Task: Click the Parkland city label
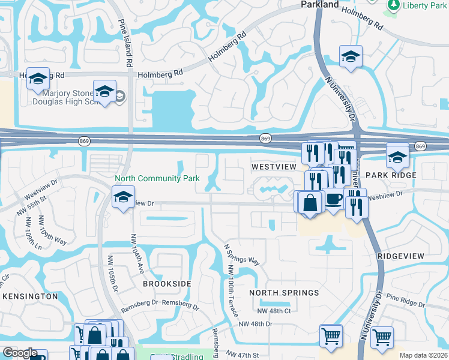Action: coord(319,5)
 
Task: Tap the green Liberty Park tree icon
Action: coord(393,5)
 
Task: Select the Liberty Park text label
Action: coord(424,5)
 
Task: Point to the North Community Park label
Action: coord(157,178)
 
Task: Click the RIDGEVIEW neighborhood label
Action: coord(401,256)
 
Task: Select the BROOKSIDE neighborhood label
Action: coord(167,283)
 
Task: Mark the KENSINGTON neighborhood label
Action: coord(30,296)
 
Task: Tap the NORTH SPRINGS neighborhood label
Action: coord(284,293)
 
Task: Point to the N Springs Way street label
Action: coord(241,254)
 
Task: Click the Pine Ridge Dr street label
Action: coord(406,299)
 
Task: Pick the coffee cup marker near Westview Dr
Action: coord(334,200)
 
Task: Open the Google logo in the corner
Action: coord(20,353)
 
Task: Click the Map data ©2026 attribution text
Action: coord(423,355)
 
